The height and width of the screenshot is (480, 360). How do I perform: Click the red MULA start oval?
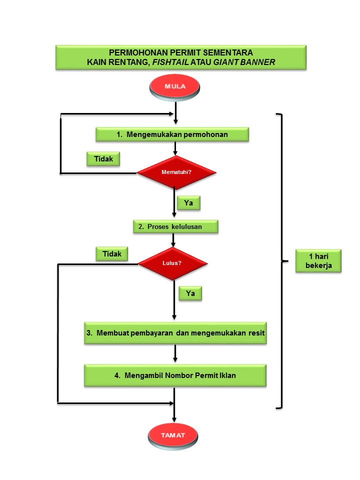click(174, 86)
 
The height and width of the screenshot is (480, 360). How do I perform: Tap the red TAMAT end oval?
click(173, 435)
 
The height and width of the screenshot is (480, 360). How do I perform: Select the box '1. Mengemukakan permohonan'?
click(172, 134)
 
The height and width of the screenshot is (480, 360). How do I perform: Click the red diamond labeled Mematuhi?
click(176, 172)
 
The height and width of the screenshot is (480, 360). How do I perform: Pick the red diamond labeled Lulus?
click(172, 263)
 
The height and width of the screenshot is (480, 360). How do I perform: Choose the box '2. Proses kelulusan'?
click(175, 226)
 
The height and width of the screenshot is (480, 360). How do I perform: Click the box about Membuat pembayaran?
click(175, 332)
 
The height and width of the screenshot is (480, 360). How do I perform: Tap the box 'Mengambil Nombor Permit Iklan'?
click(175, 375)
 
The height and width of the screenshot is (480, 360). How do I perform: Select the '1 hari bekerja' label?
click(318, 260)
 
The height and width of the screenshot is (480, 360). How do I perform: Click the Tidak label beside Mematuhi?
click(103, 159)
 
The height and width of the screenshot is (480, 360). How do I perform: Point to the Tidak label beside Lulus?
click(112, 254)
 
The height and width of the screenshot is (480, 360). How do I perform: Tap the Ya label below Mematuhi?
click(188, 203)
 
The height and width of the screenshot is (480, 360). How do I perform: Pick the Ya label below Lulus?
click(190, 293)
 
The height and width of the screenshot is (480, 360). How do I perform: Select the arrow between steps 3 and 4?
click(175, 353)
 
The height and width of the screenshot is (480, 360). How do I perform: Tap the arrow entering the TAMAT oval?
click(174, 412)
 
